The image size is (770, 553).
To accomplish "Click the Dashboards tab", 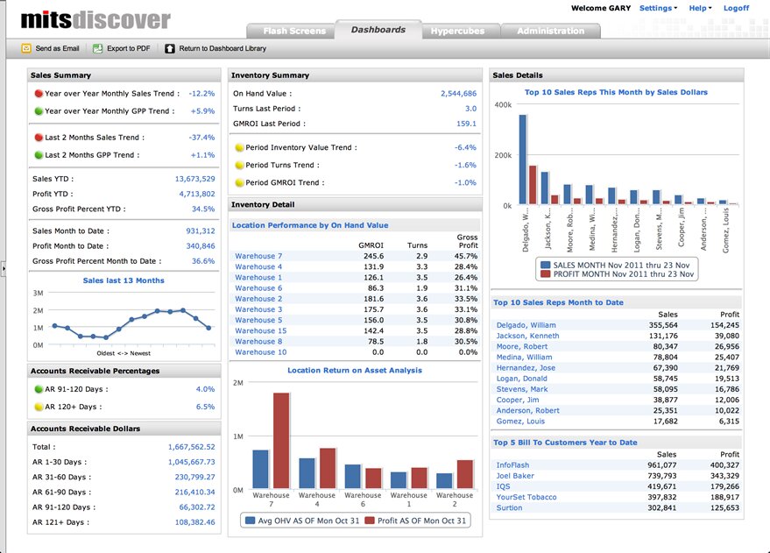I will pos(378,30).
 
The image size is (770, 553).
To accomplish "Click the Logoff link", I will pos(736,8).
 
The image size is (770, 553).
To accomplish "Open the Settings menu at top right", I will pos(657,8).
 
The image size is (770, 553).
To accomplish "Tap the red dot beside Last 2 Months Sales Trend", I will pos(39,138).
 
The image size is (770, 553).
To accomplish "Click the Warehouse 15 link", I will pos(260,331).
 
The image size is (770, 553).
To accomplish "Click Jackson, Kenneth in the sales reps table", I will pos(527,336).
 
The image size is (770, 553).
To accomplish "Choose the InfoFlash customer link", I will pos(512,465).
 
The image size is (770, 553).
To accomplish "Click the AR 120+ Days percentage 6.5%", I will pos(205,407).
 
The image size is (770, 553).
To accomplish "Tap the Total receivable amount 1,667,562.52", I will pos(191,447).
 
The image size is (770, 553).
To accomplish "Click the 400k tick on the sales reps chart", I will pos(504,105).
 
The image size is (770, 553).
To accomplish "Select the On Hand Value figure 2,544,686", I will pos(458,94).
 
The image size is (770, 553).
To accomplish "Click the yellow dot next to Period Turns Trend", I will pos(239,166).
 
